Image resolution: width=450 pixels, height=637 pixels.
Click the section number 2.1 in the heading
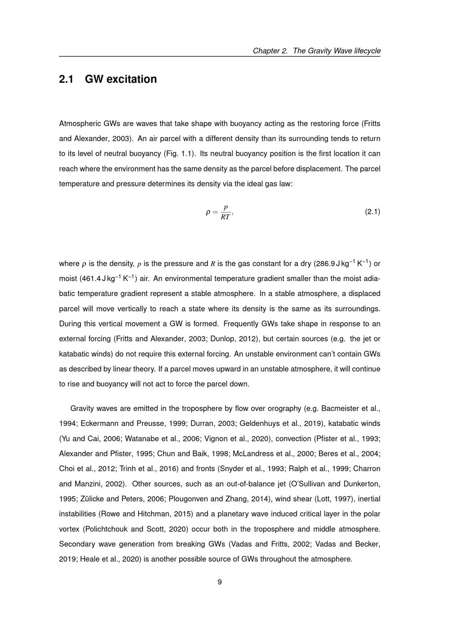point(66,79)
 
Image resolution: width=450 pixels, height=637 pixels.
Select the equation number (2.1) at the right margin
point(372,211)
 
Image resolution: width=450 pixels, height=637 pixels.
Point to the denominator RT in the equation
point(225,217)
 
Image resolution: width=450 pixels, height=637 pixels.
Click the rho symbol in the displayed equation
point(208,212)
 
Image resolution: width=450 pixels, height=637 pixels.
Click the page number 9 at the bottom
point(220,582)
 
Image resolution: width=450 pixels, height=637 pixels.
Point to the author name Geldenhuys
point(259,423)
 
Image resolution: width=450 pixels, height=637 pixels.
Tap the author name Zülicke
point(92,499)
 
